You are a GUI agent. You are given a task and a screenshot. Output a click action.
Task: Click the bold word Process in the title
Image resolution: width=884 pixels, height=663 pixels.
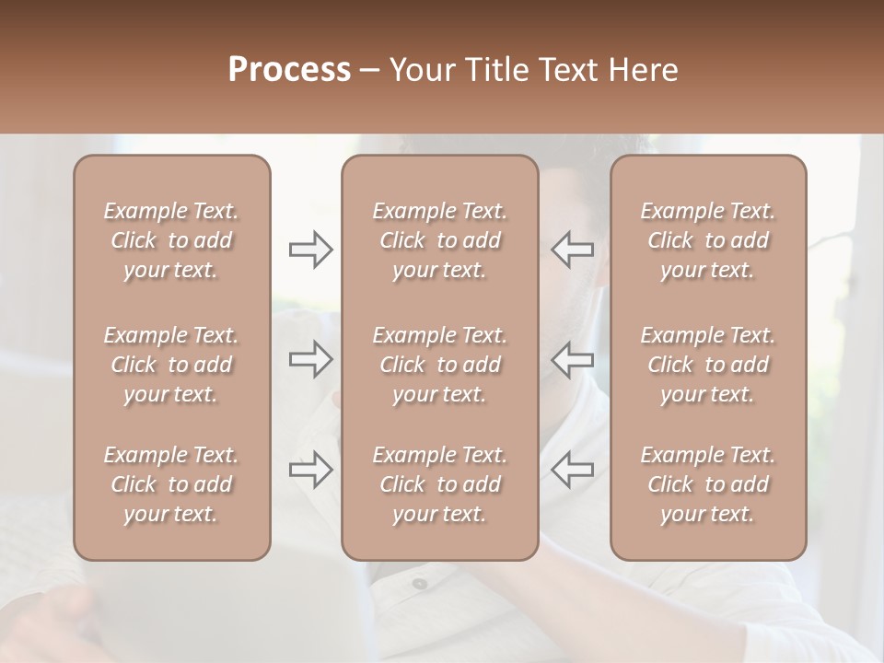[289, 70]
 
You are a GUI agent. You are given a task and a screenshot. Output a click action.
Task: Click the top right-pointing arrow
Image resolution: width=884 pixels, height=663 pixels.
[310, 250]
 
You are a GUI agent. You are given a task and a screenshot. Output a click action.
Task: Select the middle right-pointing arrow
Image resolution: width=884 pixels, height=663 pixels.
[310, 359]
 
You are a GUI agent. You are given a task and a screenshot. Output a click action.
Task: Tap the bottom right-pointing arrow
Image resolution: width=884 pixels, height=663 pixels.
[310, 470]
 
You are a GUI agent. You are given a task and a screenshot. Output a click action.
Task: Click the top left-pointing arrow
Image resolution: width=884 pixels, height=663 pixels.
[572, 250]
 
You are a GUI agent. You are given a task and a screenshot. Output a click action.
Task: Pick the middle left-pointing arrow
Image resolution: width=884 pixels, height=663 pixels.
[572, 359]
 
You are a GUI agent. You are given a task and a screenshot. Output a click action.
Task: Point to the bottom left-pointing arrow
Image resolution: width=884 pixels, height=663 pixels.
[572, 470]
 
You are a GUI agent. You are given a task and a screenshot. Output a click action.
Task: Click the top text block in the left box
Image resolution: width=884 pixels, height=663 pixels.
[171, 240]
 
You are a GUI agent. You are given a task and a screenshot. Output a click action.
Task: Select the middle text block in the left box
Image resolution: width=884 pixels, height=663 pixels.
[171, 365]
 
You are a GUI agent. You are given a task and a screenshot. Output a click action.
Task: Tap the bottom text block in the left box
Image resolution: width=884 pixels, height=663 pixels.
[171, 484]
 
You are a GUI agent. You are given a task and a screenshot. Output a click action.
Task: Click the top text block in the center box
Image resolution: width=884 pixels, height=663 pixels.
[439, 240]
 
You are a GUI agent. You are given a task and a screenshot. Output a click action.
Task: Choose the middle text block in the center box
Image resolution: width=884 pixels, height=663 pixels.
[439, 365]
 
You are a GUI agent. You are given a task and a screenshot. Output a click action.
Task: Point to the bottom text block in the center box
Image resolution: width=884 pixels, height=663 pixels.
[439, 484]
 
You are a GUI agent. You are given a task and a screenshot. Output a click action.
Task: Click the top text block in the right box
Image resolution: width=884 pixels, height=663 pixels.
[707, 240]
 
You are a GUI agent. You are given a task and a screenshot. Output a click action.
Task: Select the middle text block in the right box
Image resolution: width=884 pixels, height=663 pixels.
[707, 365]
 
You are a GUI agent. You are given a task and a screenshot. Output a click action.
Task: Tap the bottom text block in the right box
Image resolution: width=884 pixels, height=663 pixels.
[707, 484]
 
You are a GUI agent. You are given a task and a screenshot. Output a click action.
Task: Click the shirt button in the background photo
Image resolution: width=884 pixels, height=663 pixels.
[419, 583]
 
